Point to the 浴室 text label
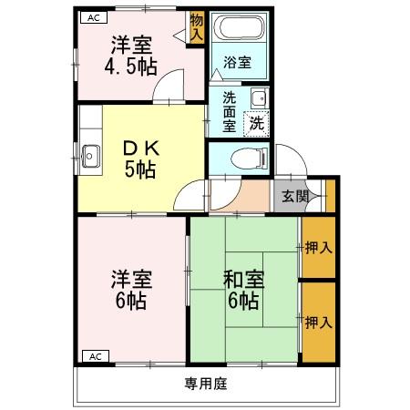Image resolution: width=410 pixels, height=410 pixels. click(239, 64)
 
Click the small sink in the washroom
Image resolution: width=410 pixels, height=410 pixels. click(258, 99)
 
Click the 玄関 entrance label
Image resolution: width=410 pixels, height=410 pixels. click(294, 196)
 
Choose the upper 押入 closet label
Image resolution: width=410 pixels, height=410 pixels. click(318, 246)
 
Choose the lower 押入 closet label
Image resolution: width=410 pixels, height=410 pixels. click(318, 322)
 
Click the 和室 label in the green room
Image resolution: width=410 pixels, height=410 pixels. click(243, 279)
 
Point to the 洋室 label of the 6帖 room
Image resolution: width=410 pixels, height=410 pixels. click(130, 279)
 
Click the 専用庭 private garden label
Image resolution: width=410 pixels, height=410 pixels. click(206, 383)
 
